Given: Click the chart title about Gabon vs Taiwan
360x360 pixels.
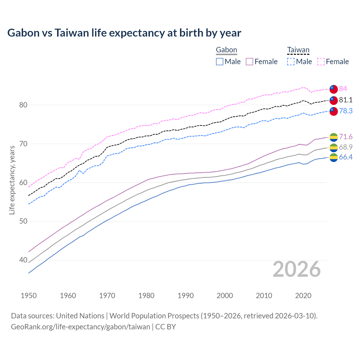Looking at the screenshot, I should click(124, 33).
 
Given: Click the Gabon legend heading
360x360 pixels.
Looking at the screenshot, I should click(226, 50).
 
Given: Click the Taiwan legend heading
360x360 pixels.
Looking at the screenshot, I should click(298, 50).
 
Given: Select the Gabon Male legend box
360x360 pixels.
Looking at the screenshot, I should click(220, 62).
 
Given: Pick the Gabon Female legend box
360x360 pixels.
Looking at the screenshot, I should click(249, 62).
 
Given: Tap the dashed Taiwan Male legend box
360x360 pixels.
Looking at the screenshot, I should click(291, 62).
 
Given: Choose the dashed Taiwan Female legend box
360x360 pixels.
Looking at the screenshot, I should click(321, 62).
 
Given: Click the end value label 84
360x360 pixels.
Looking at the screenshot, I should click(343, 89).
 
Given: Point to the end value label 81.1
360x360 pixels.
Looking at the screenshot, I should click(345, 100).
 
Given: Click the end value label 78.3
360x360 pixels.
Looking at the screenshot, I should click(345, 111).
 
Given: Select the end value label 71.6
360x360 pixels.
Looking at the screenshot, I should click(345, 137).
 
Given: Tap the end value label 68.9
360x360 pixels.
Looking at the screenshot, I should click(345, 147).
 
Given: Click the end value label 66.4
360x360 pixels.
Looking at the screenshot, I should click(345, 157).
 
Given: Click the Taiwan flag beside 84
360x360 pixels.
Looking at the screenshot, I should click(334, 89).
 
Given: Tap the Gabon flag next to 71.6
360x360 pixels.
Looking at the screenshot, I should click(334, 137).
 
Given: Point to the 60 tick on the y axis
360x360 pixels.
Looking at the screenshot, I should click(23, 183).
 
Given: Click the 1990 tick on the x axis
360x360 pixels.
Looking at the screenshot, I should click(186, 296).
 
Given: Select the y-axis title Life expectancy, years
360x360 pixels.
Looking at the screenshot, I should click(12, 180).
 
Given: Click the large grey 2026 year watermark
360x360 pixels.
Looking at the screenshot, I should click(296, 269).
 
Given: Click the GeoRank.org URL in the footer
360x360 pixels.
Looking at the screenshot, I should click(80, 327).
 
